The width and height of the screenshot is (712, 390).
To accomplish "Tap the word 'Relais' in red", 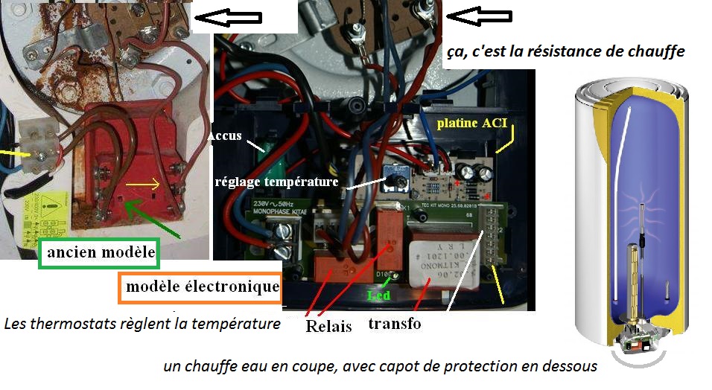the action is click(328, 325).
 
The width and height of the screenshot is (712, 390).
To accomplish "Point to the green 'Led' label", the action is click(381, 295).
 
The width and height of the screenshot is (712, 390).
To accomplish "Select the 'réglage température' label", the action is click(276, 181).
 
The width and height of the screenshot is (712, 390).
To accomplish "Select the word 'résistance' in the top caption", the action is click(566, 52).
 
